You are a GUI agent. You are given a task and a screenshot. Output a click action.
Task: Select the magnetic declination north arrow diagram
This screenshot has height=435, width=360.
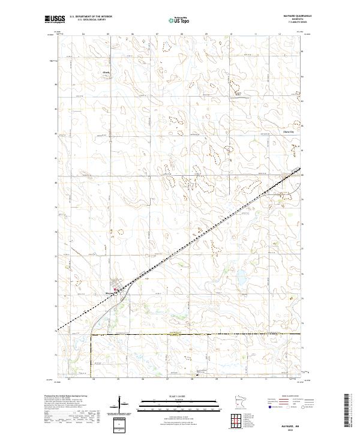point(120,403)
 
